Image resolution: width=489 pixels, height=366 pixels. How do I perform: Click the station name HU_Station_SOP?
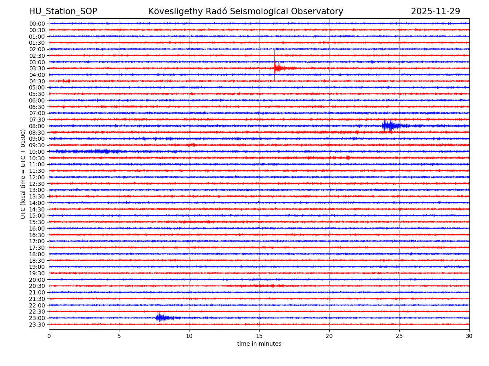63,11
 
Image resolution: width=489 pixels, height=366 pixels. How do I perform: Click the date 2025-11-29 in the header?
435,11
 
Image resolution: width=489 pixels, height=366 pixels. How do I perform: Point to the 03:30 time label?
37,68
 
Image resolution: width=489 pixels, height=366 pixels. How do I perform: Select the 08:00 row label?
37,126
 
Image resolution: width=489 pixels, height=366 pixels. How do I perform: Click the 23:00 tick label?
37,318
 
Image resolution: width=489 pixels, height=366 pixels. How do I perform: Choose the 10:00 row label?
37,152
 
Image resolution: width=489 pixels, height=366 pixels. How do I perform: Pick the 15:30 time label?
37,222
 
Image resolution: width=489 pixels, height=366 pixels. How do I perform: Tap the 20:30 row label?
37,286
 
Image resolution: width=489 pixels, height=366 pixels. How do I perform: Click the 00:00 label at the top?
37,24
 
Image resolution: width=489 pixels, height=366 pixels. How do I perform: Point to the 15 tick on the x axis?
259,336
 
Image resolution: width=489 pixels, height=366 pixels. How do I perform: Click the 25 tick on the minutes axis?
399,336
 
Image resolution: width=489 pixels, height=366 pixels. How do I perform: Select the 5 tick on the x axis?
119,336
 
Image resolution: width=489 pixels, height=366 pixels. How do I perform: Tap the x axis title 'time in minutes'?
259,344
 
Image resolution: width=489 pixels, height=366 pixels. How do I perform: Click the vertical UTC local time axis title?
24,174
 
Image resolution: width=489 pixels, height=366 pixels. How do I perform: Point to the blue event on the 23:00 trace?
161,318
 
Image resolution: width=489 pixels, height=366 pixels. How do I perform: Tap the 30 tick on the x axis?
469,336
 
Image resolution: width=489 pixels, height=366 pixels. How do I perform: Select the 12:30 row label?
37,184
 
